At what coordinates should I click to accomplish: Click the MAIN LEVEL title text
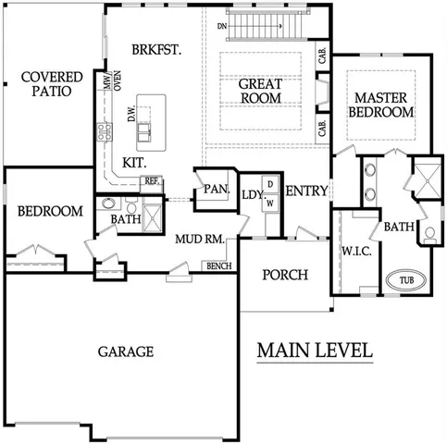pos(315,351)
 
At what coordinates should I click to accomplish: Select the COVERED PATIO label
pos(51,85)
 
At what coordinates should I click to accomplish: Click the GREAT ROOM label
pos(260,91)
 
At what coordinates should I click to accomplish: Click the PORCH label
pos(285,275)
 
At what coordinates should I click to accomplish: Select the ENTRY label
pos(305,191)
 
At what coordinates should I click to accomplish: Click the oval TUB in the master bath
pos(406,279)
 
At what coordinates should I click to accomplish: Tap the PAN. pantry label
pos(217,189)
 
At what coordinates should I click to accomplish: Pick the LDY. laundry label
pos(251,194)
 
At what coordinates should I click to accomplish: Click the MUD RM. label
pos(202,239)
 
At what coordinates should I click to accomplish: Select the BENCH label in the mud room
pos(218,266)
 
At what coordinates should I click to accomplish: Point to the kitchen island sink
pos(146,135)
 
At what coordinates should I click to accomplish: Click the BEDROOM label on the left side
pos(50,212)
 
